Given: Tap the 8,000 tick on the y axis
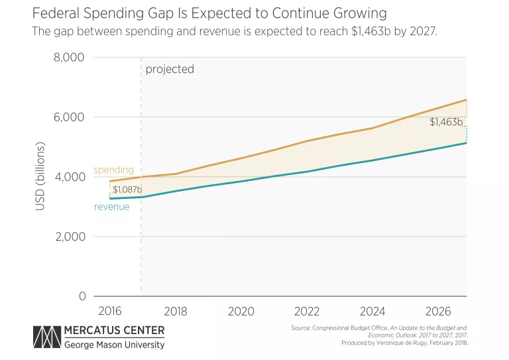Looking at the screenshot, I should point(68,58).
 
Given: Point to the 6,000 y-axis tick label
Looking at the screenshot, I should point(68,117).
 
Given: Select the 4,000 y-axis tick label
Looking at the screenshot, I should point(68,177).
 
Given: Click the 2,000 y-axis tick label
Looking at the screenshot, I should point(68,237).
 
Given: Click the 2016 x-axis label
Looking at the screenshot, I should point(110,311).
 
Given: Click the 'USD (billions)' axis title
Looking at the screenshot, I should point(40,176).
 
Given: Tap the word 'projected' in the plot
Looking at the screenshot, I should point(170,69).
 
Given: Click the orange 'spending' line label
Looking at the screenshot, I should point(113,170).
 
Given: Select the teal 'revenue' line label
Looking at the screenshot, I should point(112,207).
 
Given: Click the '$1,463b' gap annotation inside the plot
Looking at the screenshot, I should point(446,122).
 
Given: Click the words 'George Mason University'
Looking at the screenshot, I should point(114,345).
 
